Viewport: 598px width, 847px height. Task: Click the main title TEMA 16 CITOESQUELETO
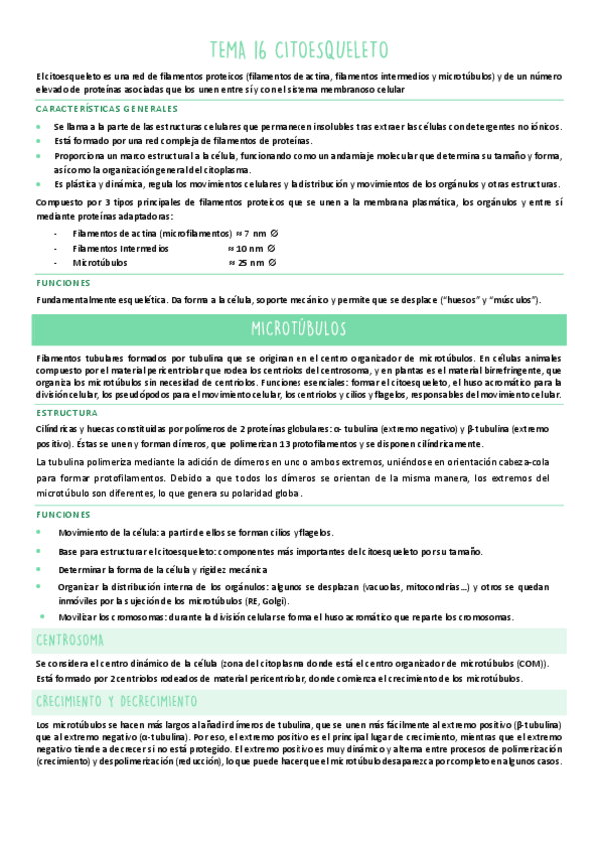click(299, 50)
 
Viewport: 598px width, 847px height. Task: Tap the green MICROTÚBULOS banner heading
click(299, 329)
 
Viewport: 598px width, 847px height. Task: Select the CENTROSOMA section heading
click(69, 639)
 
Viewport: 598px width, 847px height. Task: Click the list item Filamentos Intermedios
click(120, 248)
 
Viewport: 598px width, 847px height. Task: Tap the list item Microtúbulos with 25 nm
click(99, 263)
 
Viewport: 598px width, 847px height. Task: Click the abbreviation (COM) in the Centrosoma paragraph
click(538, 664)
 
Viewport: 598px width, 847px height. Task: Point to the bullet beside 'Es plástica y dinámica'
click(40, 185)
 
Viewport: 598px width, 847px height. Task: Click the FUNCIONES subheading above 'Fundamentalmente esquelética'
click(62, 283)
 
